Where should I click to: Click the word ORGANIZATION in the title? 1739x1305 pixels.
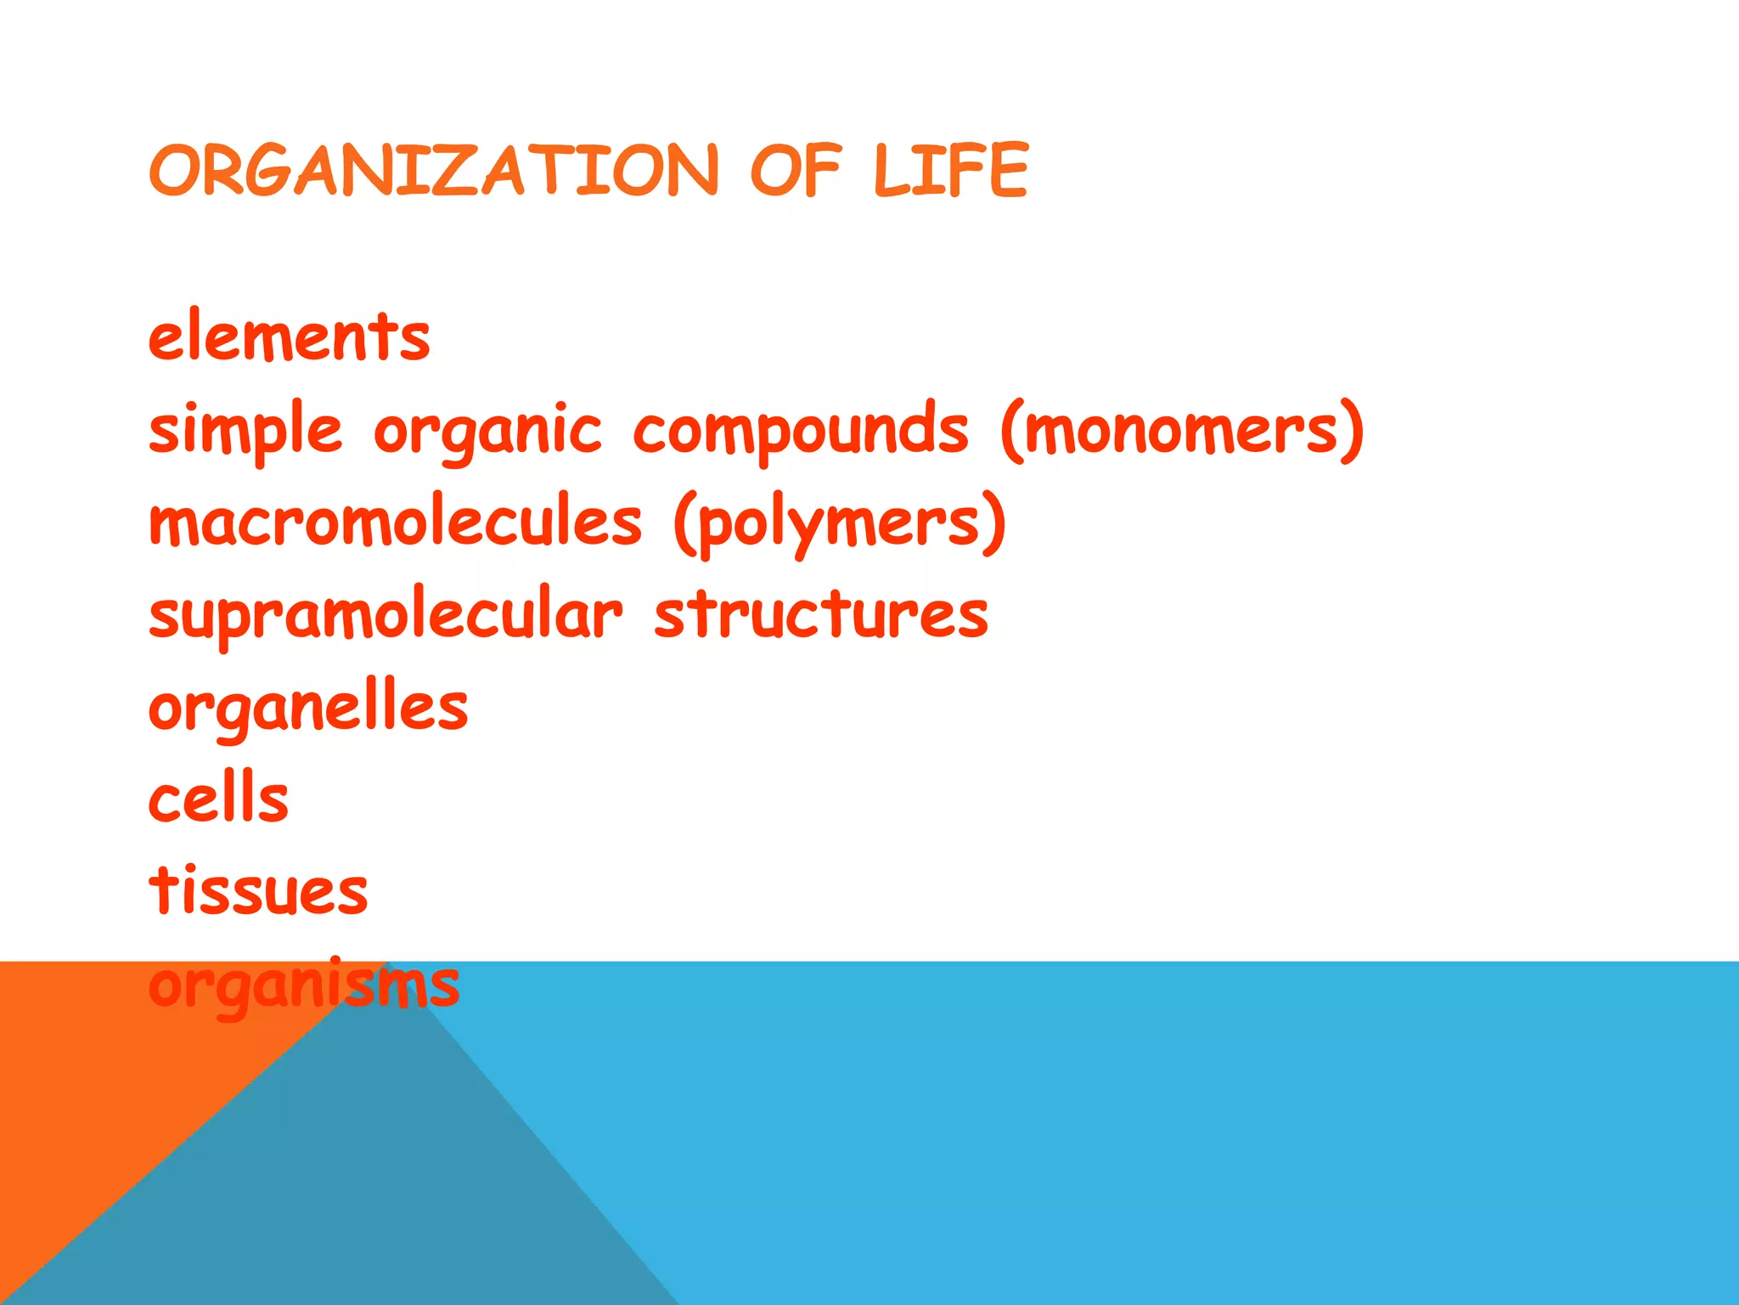point(434,170)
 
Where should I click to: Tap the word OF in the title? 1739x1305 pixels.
point(795,170)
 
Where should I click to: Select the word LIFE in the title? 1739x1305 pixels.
point(951,170)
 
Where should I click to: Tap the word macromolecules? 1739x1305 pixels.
point(396,522)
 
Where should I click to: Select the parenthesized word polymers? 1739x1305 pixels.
point(840,523)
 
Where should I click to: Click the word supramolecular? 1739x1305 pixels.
point(386,614)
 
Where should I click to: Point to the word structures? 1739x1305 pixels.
point(821,614)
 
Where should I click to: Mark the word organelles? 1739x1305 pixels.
point(308,708)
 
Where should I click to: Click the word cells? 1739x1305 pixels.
point(219,799)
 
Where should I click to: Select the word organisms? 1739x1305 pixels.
point(304,986)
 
